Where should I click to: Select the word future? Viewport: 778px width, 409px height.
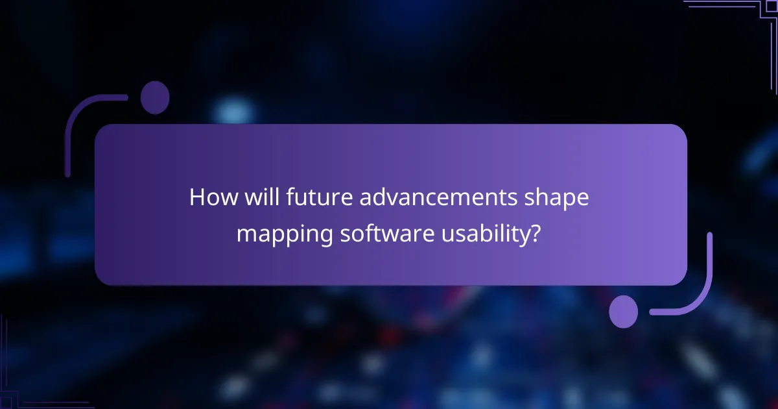(305, 198)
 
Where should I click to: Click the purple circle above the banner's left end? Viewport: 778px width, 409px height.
(155, 98)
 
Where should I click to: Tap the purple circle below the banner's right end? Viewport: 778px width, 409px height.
(624, 312)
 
